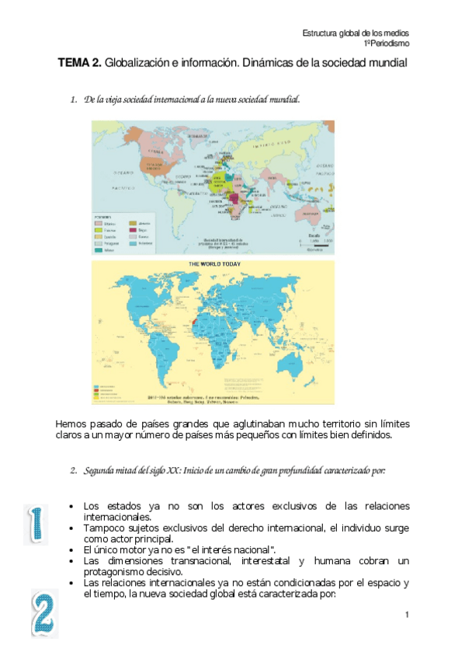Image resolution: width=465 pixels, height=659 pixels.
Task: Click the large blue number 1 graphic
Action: click(35, 525)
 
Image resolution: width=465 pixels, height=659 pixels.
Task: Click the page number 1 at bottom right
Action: click(406, 615)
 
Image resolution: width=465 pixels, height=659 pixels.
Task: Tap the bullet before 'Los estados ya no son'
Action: click(71, 506)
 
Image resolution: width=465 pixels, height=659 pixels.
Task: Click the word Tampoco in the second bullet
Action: click(103, 528)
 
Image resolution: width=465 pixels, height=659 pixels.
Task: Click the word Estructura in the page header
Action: click(321, 33)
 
